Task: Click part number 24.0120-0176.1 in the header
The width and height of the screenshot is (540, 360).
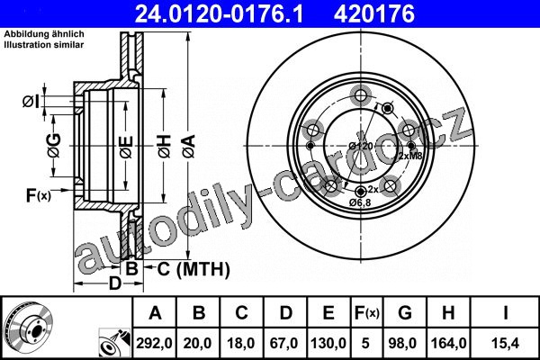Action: click(219, 13)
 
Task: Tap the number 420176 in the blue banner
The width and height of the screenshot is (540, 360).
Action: click(374, 13)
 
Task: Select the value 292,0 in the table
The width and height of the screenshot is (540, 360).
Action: click(154, 343)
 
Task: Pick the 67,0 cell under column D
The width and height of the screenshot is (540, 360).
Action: click(283, 343)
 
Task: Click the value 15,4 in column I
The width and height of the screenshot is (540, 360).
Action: click(505, 343)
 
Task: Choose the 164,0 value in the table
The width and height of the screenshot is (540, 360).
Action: click(448, 343)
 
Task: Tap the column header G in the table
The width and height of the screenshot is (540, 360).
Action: click(405, 313)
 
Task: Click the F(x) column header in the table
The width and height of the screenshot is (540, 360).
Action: click(367, 313)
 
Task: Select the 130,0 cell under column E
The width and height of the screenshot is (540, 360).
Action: click(328, 343)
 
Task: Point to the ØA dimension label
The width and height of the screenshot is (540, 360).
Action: click(189, 147)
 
